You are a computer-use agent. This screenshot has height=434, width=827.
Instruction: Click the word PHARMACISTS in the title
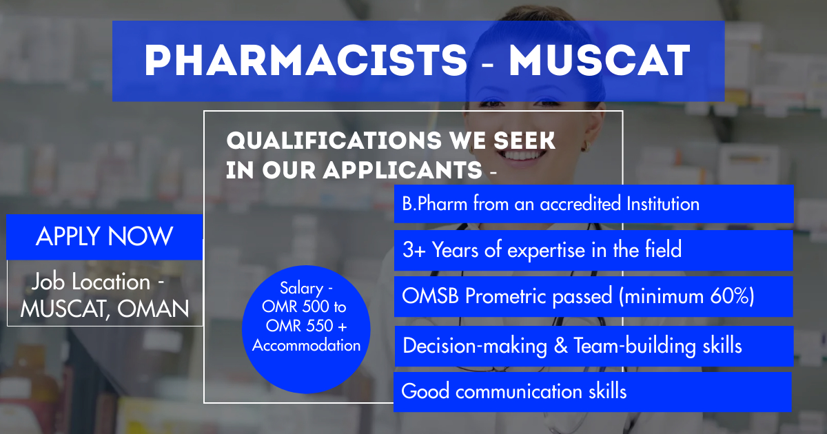(306, 61)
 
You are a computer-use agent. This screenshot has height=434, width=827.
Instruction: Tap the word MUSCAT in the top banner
(600, 61)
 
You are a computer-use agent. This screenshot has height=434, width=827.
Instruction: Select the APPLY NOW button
(105, 237)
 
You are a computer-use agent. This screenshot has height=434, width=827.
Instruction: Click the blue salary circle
(306, 329)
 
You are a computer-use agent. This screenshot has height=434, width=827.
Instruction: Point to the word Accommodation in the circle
(306, 346)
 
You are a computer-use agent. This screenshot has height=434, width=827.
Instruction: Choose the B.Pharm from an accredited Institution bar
(593, 204)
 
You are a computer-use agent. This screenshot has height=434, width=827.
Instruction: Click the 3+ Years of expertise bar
(593, 250)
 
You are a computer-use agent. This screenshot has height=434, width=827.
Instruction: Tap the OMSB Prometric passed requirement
(593, 296)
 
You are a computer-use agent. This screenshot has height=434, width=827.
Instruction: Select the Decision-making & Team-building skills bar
(594, 346)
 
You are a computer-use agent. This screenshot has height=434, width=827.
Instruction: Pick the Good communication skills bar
(593, 391)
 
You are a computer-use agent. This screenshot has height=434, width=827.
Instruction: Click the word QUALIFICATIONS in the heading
(334, 141)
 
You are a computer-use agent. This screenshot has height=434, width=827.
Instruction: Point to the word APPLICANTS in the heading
(402, 170)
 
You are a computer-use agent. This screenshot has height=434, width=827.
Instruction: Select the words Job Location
(91, 282)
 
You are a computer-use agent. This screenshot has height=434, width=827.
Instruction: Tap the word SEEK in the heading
(524, 141)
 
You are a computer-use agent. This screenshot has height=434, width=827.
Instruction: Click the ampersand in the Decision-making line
(561, 346)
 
